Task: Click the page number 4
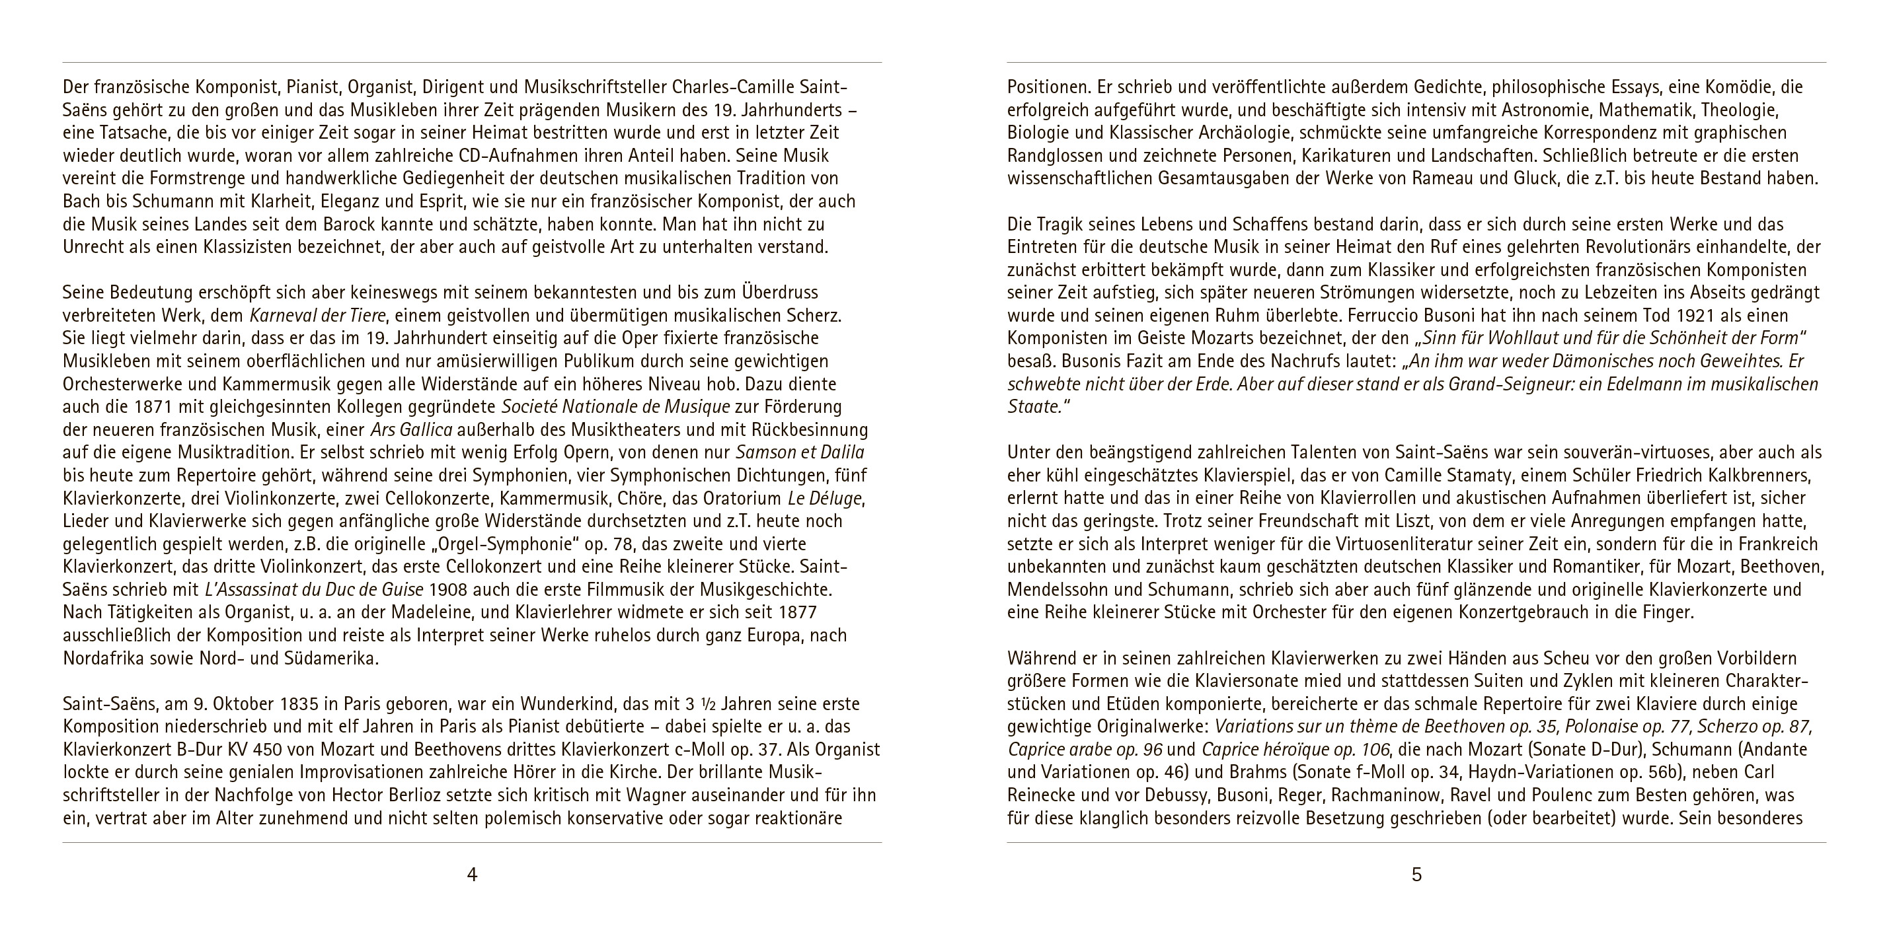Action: (472, 875)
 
